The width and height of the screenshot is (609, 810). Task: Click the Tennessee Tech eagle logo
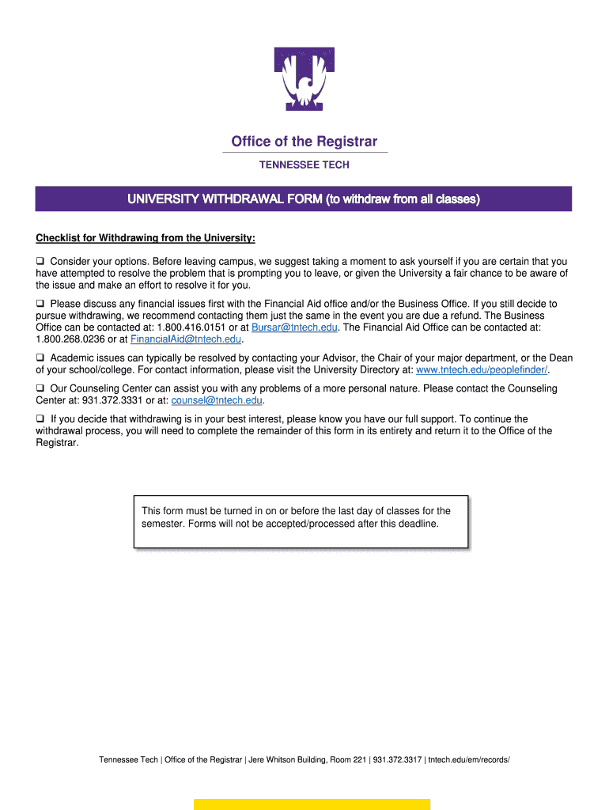[x=304, y=79]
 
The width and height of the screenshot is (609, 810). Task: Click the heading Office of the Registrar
[x=304, y=142]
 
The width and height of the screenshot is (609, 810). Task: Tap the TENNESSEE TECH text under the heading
[x=304, y=165]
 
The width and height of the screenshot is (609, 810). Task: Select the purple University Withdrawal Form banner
[x=304, y=199]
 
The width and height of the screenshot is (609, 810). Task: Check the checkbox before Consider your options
[x=40, y=262]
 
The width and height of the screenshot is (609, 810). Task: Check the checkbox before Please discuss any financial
[x=40, y=304]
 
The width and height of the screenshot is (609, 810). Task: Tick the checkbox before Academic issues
[x=40, y=358]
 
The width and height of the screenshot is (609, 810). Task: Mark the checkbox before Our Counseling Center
[x=40, y=389]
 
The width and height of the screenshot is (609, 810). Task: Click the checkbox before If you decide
[x=40, y=419]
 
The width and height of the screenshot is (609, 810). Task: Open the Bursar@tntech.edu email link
[x=294, y=327]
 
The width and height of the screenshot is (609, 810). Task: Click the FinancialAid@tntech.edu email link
[x=186, y=339]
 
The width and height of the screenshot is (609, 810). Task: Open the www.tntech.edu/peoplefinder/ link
[x=482, y=370]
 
